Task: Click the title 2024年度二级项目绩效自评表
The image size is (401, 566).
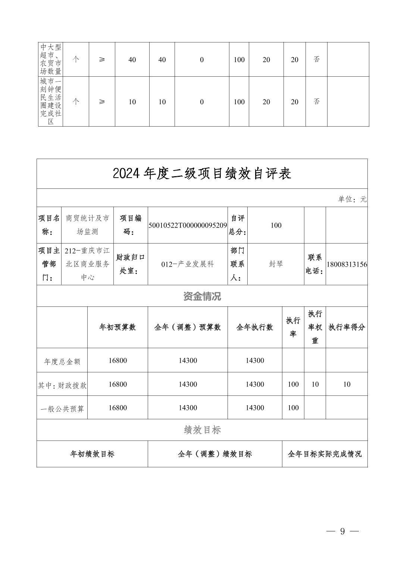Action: click(202, 174)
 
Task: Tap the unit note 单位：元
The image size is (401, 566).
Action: click(352, 199)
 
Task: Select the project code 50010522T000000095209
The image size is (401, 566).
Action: click(188, 225)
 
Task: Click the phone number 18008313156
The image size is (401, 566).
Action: click(347, 264)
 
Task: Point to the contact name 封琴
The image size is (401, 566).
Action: click(276, 264)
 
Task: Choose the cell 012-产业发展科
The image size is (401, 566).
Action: click(188, 264)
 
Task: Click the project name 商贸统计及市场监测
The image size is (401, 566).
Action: click(87, 225)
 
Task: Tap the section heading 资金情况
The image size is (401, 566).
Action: click(202, 296)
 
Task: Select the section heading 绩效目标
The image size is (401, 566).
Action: click(202, 430)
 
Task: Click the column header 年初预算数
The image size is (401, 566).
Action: click(118, 327)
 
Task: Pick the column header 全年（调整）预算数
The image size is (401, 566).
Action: click(188, 327)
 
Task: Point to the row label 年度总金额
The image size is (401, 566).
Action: click(62, 362)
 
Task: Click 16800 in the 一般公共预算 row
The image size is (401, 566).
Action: click(118, 408)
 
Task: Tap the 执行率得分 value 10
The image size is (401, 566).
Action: click(347, 384)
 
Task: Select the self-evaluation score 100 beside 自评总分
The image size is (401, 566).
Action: click(276, 225)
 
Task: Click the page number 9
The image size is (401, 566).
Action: click(342, 531)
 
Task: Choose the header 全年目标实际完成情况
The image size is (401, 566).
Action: click(325, 454)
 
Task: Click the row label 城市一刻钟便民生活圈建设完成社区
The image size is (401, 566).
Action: click(51, 101)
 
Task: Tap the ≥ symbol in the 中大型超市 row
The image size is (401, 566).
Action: click(102, 60)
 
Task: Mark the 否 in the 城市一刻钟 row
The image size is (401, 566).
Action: click(316, 101)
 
